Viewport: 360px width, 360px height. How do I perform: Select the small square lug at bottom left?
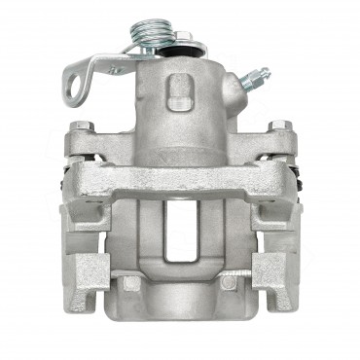129,283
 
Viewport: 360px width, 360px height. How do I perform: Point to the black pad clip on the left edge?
62,179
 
